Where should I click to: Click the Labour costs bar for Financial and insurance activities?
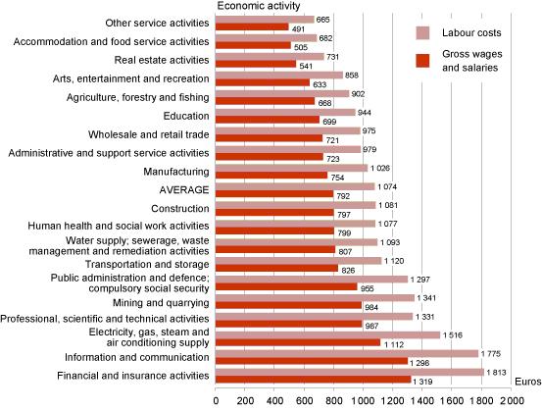tap(349, 372)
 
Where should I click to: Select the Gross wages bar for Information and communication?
tap(311, 361)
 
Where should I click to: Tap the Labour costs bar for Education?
tap(284, 111)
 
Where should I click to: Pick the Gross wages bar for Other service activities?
tap(251, 26)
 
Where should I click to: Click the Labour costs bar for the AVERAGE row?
tap(294, 185)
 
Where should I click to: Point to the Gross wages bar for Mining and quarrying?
tap(287, 305)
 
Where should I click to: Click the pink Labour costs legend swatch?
tap(423, 34)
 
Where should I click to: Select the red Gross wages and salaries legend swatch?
tap(423, 63)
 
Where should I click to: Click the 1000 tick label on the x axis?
tap(363, 400)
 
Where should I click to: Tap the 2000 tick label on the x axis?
tap(511, 400)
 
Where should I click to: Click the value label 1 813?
tap(497, 372)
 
